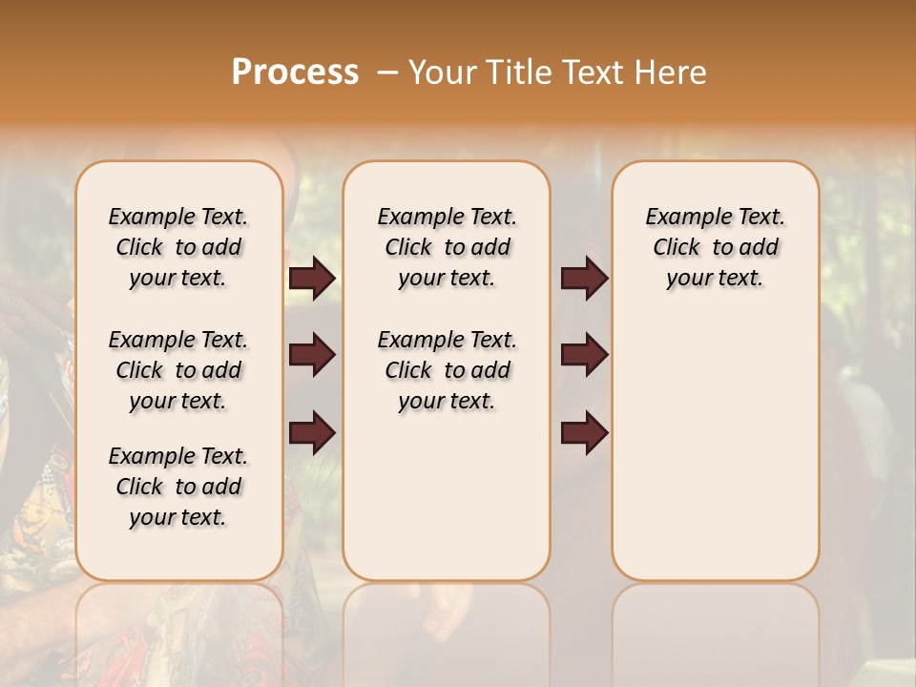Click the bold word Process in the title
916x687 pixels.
(x=295, y=73)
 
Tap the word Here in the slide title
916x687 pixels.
(x=669, y=73)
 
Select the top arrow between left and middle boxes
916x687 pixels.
(x=313, y=279)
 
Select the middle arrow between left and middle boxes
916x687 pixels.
(x=313, y=356)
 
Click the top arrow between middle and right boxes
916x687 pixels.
(x=584, y=279)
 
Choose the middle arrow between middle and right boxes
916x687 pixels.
(x=584, y=355)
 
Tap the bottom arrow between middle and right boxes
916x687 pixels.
(x=584, y=432)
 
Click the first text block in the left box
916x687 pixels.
(x=178, y=247)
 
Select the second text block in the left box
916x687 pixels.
(x=178, y=370)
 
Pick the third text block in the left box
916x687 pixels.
(x=178, y=487)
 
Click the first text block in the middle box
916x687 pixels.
(x=448, y=247)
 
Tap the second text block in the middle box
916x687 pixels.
(x=448, y=370)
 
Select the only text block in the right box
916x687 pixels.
(x=715, y=247)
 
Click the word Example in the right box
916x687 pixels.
(x=681, y=217)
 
